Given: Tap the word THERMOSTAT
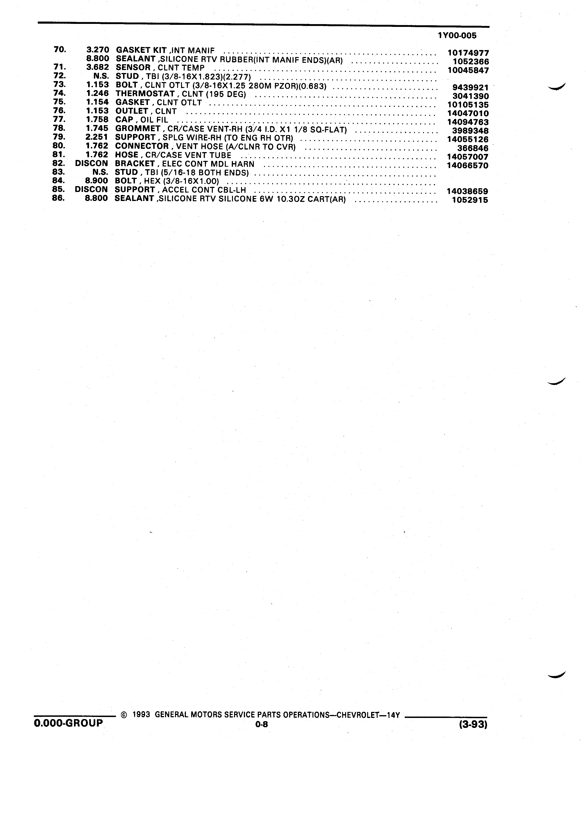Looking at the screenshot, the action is point(145,94).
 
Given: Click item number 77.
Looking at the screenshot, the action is point(59,119).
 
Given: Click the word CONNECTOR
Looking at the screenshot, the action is point(142,146).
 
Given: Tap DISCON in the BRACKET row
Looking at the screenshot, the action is point(91,163).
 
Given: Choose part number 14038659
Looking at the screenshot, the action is point(467,191).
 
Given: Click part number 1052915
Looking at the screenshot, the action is point(470,200).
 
